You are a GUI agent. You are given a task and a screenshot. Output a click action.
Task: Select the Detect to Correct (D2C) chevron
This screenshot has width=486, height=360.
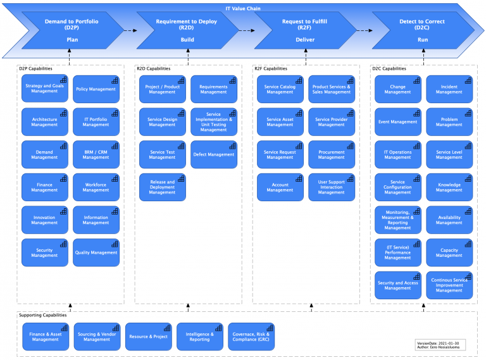click(421, 30)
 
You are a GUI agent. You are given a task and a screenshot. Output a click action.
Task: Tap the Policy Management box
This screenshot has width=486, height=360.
click(96, 89)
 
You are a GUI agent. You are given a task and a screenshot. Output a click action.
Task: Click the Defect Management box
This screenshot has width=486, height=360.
click(214, 154)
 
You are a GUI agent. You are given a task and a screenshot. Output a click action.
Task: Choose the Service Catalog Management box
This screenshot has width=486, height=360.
click(280, 89)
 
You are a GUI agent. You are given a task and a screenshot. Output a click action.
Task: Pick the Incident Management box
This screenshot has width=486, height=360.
click(449, 89)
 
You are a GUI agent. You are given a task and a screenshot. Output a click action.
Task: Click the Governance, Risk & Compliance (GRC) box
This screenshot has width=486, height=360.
click(251, 337)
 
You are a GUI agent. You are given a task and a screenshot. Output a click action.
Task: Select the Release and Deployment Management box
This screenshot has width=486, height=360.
click(163, 187)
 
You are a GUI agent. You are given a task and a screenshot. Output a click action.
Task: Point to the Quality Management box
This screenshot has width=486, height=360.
click(96, 252)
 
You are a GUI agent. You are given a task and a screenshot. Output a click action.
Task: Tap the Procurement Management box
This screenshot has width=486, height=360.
click(332, 154)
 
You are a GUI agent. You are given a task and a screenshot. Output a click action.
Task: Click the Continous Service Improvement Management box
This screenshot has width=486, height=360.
click(449, 285)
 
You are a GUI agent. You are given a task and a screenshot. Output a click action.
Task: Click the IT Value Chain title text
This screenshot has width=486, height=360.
click(243, 9)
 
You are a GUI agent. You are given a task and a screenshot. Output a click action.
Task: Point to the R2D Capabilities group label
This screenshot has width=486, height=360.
click(154, 68)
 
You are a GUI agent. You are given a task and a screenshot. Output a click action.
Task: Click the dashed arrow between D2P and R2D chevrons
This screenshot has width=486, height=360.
click(130, 30)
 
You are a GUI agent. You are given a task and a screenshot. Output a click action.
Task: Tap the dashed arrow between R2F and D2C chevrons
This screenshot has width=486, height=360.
click(363, 30)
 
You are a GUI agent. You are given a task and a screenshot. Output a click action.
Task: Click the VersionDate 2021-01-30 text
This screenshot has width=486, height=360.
click(439, 343)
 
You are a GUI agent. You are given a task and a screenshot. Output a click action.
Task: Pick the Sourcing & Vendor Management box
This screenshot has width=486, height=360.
click(97, 337)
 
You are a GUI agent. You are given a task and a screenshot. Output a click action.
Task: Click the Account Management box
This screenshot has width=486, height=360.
click(280, 187)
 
